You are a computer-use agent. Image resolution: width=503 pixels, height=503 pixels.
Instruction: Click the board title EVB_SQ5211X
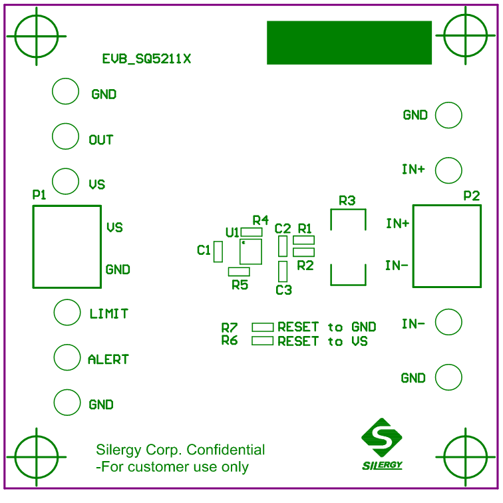tap(146, 59)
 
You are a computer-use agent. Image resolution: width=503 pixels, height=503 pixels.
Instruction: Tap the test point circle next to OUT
tap(65, 136)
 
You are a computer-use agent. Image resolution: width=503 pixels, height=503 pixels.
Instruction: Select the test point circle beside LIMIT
tap(67, 312)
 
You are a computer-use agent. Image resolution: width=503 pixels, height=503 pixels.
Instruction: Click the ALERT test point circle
tap(67, 357)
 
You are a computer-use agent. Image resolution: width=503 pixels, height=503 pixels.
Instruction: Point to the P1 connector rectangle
tap(67, 247)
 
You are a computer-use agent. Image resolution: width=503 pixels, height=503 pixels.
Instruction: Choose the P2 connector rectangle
tap(446, 246)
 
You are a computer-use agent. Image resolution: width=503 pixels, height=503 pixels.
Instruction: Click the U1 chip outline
tap(251, 251)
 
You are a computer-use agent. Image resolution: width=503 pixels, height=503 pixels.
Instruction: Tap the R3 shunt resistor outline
tap(347, 247)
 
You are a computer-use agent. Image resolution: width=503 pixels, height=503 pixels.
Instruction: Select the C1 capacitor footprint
tap(218, 251)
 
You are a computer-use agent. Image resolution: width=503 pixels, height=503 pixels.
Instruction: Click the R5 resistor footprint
tap(239, 271)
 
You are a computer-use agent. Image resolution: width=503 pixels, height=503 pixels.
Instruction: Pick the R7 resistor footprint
tap(262, 327)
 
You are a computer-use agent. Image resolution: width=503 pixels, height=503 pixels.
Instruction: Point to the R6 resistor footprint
tap(262, 341)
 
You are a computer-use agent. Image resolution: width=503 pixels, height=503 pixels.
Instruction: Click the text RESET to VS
tap(322, 341)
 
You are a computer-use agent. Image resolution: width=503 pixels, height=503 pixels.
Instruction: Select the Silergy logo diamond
tap(382, 437)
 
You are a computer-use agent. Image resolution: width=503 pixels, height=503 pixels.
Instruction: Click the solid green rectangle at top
tap(349, 43)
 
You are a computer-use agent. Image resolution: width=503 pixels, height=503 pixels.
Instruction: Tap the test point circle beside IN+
tap(448, 170)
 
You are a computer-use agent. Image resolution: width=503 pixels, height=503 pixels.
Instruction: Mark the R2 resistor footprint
tap(303, 252)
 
